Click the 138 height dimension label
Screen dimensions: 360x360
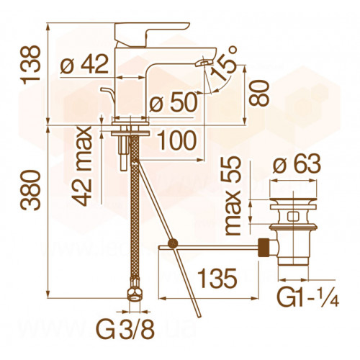[30, 65]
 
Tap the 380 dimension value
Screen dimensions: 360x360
[30, 190]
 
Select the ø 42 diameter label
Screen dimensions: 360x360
[84, 65]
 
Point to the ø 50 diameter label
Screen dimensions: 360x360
[174, 103]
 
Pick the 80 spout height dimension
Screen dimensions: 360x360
[258, 93]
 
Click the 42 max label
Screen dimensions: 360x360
[82, 166]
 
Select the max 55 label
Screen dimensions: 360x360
[232, 196]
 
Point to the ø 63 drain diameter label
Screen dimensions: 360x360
[297, 164]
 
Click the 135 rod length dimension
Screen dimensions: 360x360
[218, 279]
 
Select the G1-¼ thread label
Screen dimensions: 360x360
[308, 298]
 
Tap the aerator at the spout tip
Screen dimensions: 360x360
[203, 63]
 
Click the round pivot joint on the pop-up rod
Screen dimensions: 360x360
[173, 243]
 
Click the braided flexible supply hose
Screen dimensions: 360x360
[135, 207]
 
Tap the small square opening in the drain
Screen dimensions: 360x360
[293, 216]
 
